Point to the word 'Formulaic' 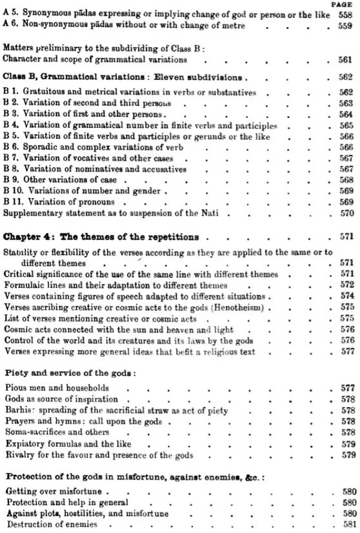point(23,285)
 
